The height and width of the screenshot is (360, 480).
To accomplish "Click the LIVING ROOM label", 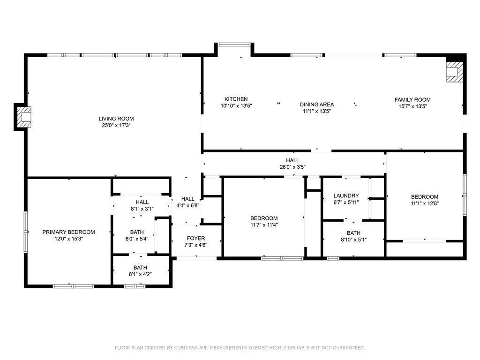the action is pyautogui.click(x=116, y=119).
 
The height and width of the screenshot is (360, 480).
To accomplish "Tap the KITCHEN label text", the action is pyautogui.click(x=236, y=99).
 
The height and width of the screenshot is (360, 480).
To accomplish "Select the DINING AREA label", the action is pyautogui.click(x=316, y=105).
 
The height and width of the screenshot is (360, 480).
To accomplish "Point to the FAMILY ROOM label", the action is pyautogui.click(x=412, y=100).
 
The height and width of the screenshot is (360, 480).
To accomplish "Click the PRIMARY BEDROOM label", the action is pyautogui.click(x=68, y=232).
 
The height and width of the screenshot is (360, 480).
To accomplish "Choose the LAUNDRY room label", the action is pyautogui.click(x=346, y=195).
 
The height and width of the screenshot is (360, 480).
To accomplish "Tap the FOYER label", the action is pyautogui.click(x=196, y=239).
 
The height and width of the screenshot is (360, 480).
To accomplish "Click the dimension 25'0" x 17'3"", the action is pyautogui.click(x=116, y=125).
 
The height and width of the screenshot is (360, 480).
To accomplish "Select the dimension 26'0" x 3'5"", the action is pyautogui.click(x=292, y=167).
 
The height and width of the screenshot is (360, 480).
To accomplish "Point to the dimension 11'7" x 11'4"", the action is pyautogui.click(x=264, y=225).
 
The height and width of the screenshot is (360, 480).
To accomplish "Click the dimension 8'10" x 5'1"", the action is pyautogui.click(x=353, y=240).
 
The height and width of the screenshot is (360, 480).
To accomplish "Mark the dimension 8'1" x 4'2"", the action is pyautogui.click(x=140, y=274).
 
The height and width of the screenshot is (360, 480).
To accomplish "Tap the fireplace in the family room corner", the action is pyautogui.click(x=455, y=72).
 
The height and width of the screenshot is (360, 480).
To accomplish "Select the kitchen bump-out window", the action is pyautogui.click(x=234, y=45).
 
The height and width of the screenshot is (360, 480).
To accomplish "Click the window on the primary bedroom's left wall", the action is pyautogui.click(x=26, y=232).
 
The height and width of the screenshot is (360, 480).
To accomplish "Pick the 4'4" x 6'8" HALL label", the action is pyautogui.click(x=187, y=202).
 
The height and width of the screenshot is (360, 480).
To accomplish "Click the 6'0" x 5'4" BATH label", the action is pyautogui.click(x=137, y=236).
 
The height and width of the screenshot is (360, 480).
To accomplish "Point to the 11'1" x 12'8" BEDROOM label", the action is pyautogui.click(x=425, y=200).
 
